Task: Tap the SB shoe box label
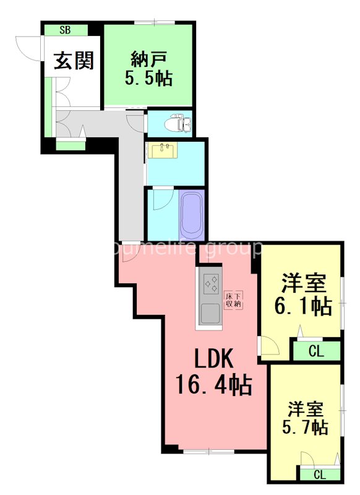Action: tap(65, 29)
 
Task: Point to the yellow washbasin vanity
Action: tap(165, 150)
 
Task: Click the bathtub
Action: tap(192, 215)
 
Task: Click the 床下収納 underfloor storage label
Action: tap(233, 299)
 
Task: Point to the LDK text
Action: tap(213, 359)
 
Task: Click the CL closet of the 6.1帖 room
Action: tap(316, 352)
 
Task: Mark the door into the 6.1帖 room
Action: tap(267, 345)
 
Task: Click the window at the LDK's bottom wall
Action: tap(208, 451)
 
